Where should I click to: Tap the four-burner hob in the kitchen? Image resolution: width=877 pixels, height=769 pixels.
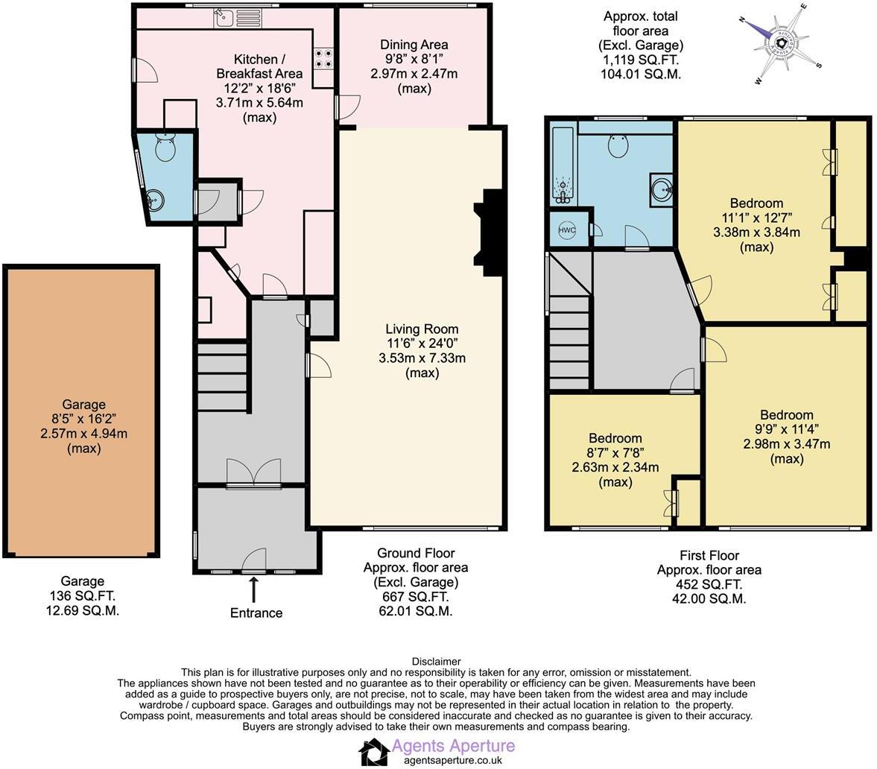(324, 58)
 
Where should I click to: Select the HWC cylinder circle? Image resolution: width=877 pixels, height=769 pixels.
(566, 230)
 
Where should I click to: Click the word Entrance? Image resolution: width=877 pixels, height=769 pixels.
(256, 613)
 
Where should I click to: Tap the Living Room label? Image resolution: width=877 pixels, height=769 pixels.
(422, 329)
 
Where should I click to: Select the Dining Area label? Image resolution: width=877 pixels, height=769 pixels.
(414, 45)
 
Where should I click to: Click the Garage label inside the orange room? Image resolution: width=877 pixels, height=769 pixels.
(84, 405)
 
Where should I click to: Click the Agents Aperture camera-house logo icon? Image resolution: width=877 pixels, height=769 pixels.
(373, 752)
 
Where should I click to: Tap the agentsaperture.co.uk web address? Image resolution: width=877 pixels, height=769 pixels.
(453, 761)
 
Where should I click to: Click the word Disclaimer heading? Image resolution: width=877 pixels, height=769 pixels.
(436, 662)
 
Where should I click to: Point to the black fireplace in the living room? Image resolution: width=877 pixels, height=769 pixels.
(488, 232)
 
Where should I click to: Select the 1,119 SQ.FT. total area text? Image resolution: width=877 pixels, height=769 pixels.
(641, 60)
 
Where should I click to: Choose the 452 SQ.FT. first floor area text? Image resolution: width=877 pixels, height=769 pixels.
(709, 584)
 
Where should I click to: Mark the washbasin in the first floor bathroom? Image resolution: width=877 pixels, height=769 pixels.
(661, 189)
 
